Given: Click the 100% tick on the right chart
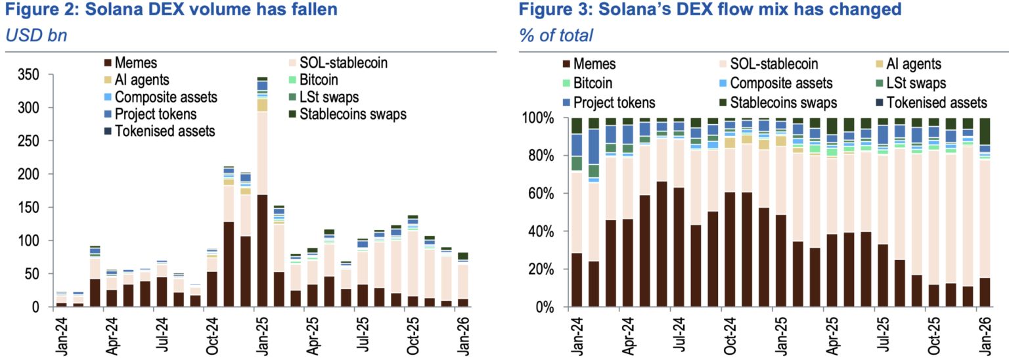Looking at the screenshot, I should [537, 118].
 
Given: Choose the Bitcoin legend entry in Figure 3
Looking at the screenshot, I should [593, 83].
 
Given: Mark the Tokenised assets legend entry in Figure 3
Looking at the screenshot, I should [935, 102].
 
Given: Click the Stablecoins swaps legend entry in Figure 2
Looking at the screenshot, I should [352, 114].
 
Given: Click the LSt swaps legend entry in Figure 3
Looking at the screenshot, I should [912, 83].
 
